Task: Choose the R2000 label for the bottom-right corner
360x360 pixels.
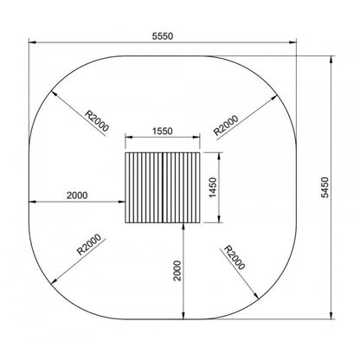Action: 235,259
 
